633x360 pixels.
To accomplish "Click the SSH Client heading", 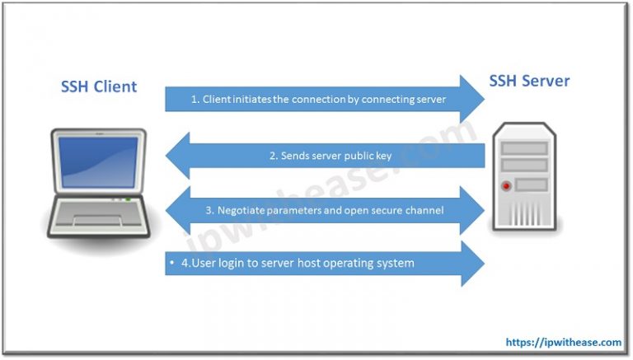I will (99, 86).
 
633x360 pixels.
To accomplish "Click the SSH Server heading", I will (528, 81).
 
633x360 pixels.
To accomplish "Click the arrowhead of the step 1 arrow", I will (473, 99).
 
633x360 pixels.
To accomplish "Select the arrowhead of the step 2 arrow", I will (179, 155).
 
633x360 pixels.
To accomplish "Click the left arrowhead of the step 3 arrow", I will (179, 210).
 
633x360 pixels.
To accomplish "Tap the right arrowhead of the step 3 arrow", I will (473, 210).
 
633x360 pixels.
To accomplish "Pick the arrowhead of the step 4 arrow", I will (473, 263).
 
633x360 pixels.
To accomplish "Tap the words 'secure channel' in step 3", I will (407, 210).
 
